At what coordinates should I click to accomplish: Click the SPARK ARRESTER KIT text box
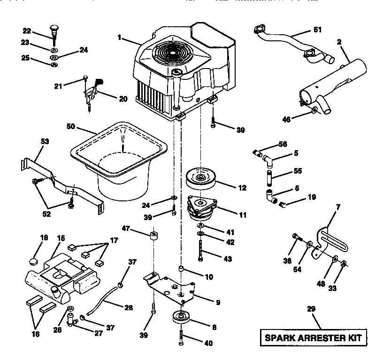[313, 337]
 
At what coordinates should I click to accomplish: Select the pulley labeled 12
[201, 179]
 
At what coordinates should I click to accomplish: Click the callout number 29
[311, 309]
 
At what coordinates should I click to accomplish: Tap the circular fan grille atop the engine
[176, 52]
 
